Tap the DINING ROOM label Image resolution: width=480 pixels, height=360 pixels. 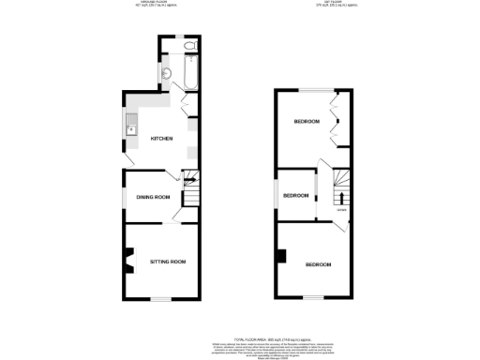pyautogui.click(x=152, y=197)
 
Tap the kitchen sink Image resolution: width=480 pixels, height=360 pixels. pyautogui.click(x=131, y=128)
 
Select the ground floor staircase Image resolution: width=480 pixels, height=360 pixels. pyautogui.click(x=190, y=193)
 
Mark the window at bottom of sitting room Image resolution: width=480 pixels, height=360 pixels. pyautogui.click(x=161, y=299)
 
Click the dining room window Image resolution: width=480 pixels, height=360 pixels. pyautogui.click(x=124, y=197)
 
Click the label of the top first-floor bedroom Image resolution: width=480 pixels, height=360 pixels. pyautogui.click(x=307, y=122)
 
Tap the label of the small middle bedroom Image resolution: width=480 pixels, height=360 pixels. pyautogui.click(x=297, y=195)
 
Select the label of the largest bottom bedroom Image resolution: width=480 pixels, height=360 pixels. pyautogui.click(x=318, y=265)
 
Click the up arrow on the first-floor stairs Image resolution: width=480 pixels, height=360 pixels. pyautogui.click(x=339, y=197)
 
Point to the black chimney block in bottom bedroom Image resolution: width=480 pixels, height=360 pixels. pyautogui.click(x=280, y=255)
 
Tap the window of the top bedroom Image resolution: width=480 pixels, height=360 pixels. pyautogui.click(x=314, y=90)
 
